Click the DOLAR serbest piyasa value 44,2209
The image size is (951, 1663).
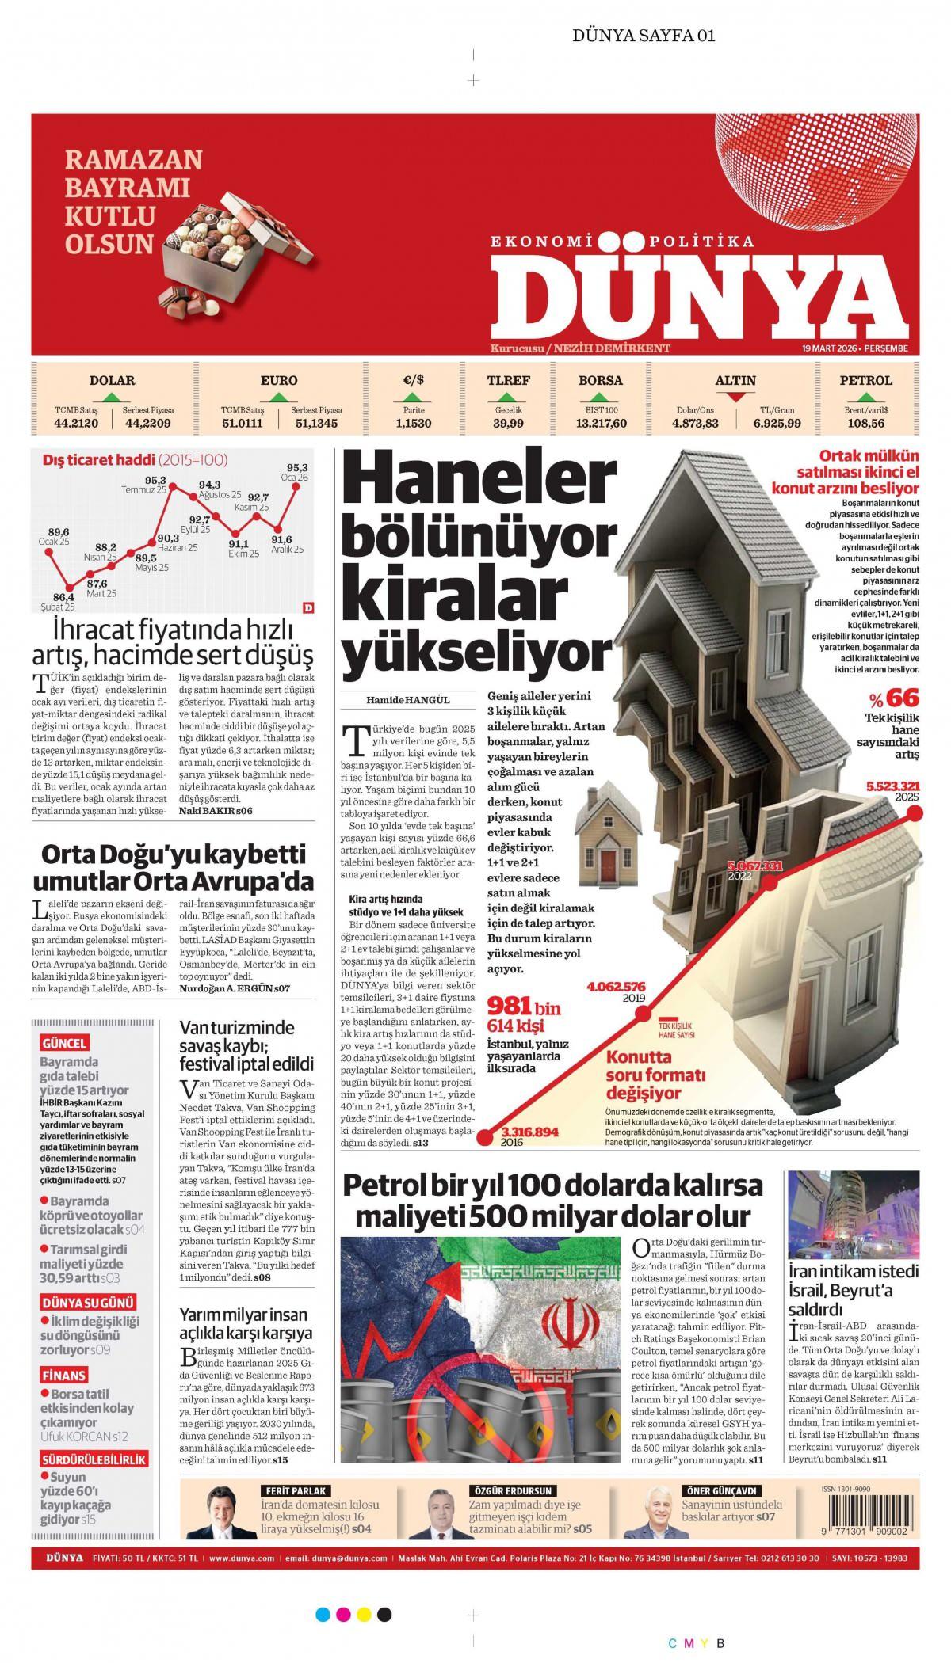click(x=148, y=424)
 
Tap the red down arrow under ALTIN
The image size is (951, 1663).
click(x=735, y=398)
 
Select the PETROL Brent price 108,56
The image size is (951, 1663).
click(x=866, y=424)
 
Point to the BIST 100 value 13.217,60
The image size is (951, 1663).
click(x=601, y=424)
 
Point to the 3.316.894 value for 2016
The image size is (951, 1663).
click(x=530, y=1132)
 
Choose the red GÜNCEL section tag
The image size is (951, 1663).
click(x=64, y=1043)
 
